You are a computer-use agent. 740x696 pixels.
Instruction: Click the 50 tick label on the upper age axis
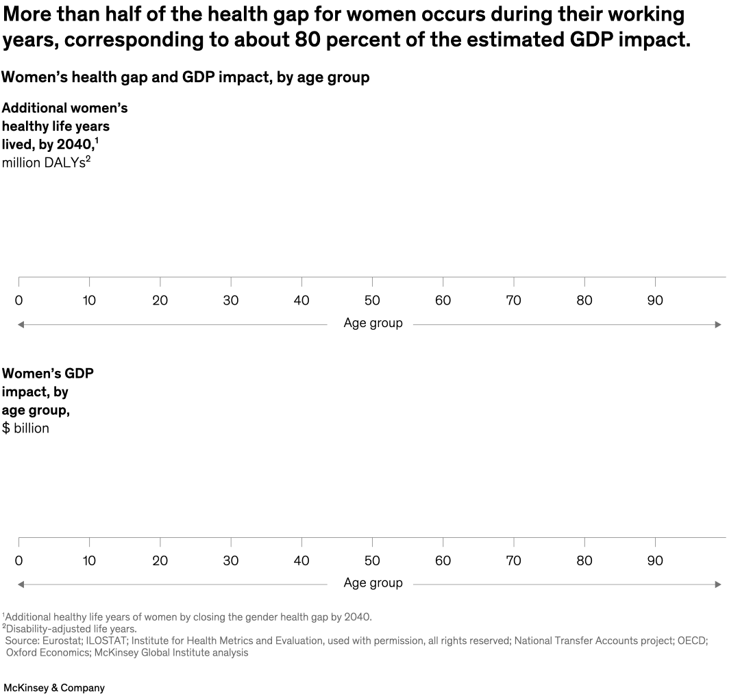[372, 300]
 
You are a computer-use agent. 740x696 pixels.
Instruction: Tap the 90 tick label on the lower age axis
[655, 560]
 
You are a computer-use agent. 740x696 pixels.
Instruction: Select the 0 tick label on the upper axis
[18, 300]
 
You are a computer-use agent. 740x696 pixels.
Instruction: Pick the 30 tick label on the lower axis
[231, 560]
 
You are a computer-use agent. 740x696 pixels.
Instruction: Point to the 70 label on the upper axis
[513, 300]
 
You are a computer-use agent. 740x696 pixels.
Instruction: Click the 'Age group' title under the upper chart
[373, 323]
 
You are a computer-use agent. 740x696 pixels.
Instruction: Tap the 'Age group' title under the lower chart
[373, 583]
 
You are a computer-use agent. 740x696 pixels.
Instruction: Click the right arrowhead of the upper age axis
[718, 324]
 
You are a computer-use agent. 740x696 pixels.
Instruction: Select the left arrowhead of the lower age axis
[21, 584]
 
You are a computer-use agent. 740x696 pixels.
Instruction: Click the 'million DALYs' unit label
[45, 164]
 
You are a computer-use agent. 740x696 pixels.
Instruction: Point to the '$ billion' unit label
[25, 428]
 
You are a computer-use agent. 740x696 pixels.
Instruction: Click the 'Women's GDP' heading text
[47, 374]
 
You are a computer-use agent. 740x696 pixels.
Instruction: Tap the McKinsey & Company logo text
[54, 688]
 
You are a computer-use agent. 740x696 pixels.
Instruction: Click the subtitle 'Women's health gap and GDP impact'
[137, 77]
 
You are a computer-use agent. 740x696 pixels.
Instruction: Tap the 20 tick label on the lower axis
[160, 560]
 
